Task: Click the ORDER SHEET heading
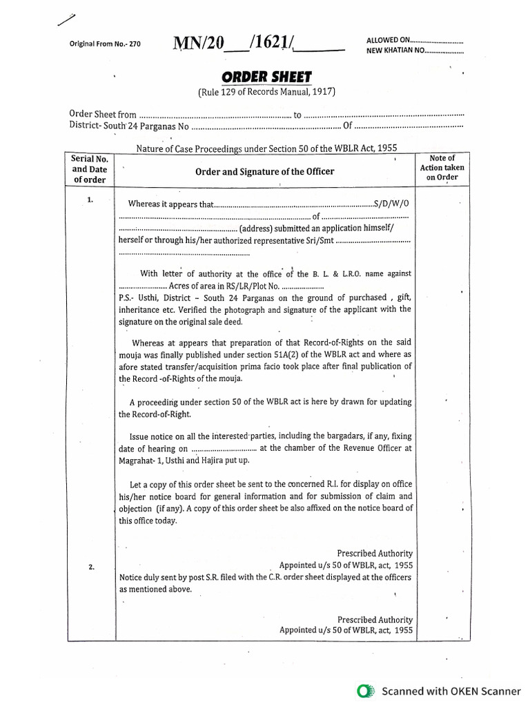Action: pos(266,78)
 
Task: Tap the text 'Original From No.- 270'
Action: pos(105,43)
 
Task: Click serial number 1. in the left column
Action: pos(89,200)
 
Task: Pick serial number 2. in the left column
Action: pos(91,567)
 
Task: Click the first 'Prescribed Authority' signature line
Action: pos(375,553)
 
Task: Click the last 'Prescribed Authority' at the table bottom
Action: pos(375,619)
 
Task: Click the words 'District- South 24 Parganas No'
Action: pos(129,126)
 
